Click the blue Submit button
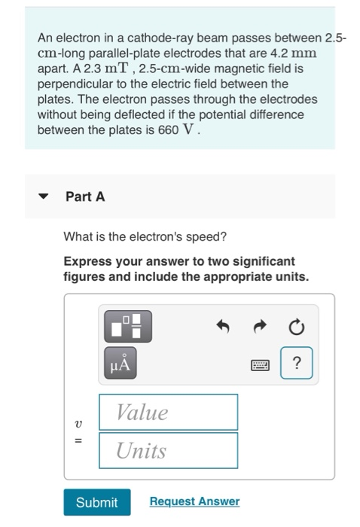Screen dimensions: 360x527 (97, 502)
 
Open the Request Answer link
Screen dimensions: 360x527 (194, 501)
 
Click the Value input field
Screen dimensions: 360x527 (169, 412)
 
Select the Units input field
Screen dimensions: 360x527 (169, 450)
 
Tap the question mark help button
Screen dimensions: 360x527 (297, 363)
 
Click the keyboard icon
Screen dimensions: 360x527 (260, 365)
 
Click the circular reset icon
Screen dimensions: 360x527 (297, 327)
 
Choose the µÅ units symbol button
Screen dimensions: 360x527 (121, 363)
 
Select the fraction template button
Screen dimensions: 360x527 (128, 326)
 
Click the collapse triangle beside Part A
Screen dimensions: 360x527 (44, 196)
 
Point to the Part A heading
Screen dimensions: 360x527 (85, 196)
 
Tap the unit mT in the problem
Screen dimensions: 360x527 (117, 69)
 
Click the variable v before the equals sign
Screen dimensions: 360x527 (78, 423)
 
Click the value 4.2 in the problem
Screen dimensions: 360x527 (279, 53)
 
